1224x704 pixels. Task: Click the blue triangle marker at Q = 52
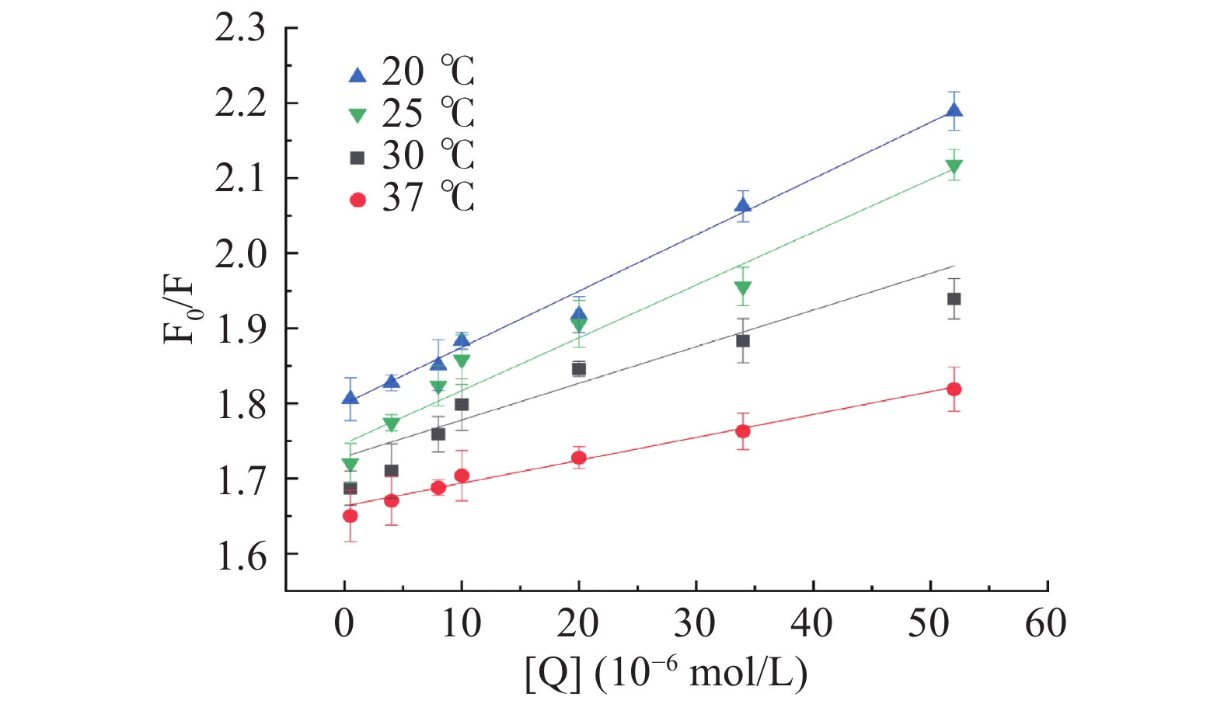[x=954, y=110]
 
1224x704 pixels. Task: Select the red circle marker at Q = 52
[x=954, y=389]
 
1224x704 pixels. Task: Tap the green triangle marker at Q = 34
[x=743, y=289]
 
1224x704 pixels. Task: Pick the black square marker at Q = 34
[x=743, y=340]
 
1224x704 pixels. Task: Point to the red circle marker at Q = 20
[x=578, y=458]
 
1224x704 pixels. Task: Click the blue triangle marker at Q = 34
[x=743, y=206]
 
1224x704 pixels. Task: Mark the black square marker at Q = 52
[x=954, y=299]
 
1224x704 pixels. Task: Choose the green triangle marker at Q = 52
[x=954, y=166]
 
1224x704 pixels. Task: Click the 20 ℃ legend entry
[x=411, y=72]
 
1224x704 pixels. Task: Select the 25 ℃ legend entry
[x=411, y=114]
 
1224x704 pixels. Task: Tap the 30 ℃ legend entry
[x=411, y=156]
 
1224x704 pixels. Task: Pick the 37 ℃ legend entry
[x=411, y=199]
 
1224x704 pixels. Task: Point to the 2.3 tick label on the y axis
[x=240, y=29]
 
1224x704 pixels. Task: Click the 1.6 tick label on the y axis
[x=240, y=555]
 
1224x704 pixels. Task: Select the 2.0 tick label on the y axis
[x=240, y=254]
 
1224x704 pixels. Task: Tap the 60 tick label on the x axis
[x=1045, y=623]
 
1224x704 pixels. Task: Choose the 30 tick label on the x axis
[x=695, y=623]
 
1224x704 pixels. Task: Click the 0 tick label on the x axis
[x=344, y=623]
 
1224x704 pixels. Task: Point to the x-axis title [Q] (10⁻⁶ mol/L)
[x=666, y=673]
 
